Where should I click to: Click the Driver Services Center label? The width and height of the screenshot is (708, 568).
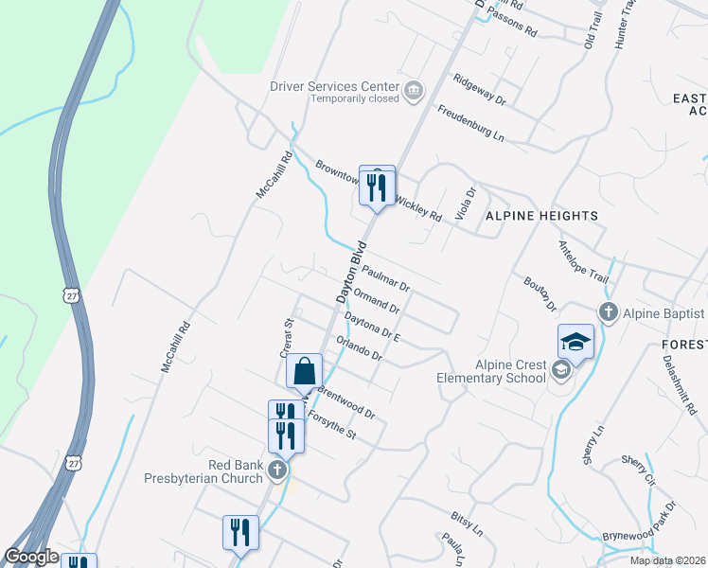point(334,86)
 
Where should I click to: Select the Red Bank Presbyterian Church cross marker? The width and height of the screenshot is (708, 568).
point(277,470)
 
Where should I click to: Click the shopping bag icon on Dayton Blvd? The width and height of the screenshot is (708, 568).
point(304,373)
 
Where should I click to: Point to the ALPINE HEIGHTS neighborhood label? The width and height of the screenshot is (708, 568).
point(542,216)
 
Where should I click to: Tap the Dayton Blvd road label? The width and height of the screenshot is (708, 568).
point(350,274)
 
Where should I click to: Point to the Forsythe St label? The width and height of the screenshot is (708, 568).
point(330,424)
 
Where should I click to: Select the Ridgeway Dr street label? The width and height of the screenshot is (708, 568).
point(480,89)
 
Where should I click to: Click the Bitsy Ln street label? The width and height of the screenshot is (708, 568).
point(467,522)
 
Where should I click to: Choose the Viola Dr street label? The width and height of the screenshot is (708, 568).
point(464,201)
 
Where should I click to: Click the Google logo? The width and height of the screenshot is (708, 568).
point(31,558)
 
